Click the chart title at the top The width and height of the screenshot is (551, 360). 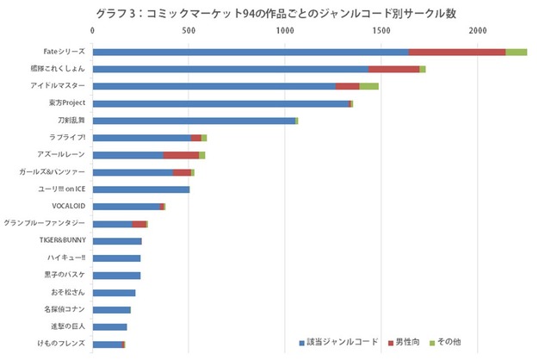(275, 12)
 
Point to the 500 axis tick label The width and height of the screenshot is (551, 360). (189, 31)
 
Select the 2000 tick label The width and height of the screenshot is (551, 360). (478, 31)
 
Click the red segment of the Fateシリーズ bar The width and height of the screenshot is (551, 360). (457, 52)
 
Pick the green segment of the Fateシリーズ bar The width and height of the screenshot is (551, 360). (517, 52)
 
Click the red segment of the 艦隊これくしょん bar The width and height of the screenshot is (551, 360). (394, 69)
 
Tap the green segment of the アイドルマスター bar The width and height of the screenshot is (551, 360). (368, 86)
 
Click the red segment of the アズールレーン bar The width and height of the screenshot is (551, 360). (181, 155)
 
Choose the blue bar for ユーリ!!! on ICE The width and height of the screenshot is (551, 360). (140, 189)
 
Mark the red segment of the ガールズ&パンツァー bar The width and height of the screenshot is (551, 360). (183, 172)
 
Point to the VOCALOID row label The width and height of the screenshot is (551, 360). (67, 207)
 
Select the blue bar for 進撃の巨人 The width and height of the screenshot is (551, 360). (109, 327)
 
